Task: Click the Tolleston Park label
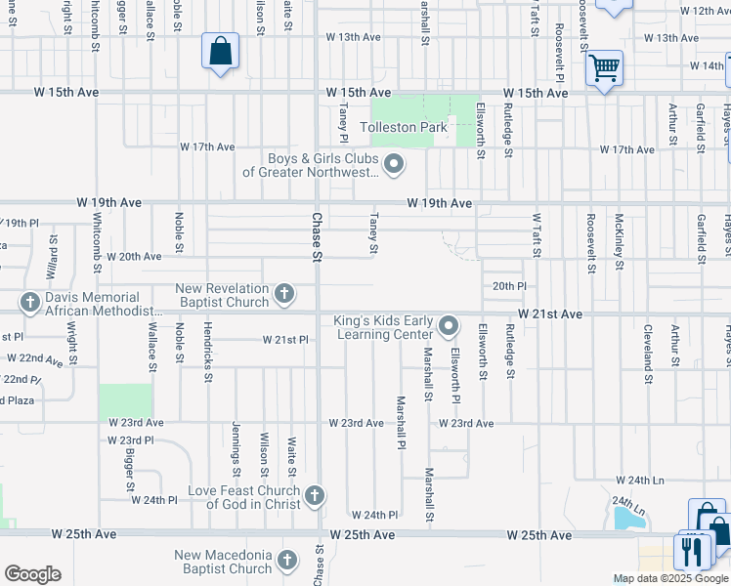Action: (x=404, y=128)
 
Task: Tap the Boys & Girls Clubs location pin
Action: (x=394, y=164)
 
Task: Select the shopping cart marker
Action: (x=605, y=68)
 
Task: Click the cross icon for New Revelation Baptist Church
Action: (x=283, y=293)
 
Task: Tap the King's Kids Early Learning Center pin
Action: (x=449, y=325)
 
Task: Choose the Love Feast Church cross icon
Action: (x=315, y=496)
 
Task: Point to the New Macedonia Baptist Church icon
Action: (x=286, y=561)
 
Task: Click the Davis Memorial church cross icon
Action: (x=30, y=303)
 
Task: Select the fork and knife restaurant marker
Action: (x=693, y=551)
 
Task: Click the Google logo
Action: (x=32, y=574)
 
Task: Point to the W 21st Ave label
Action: (x=550, y=314)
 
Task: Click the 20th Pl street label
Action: (x=509, y=286)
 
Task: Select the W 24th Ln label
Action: (x=639, y=481)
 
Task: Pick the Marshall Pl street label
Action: (x=401, y=422)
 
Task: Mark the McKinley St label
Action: (x=620, y=235)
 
